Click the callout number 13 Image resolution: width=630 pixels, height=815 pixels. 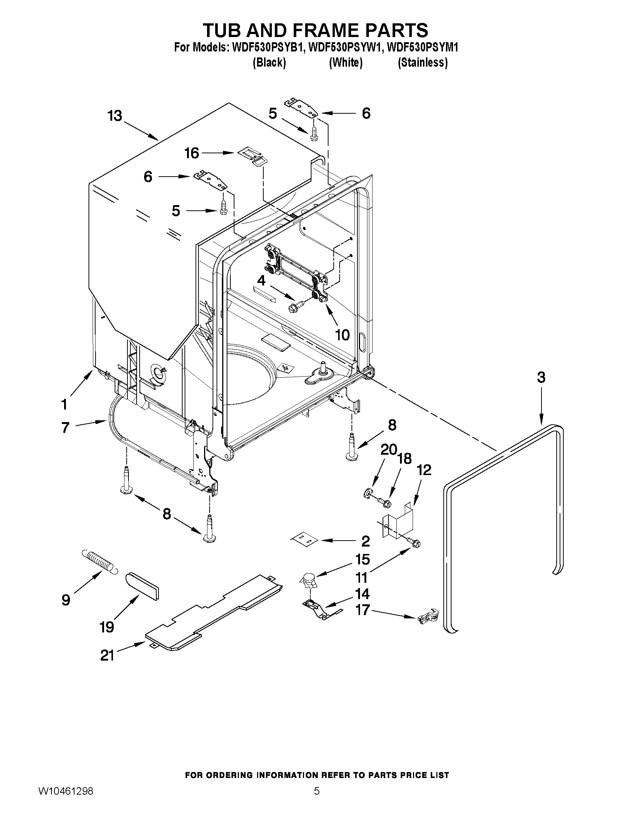click(114, 116)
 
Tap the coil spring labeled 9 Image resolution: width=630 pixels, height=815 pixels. click(99, 562)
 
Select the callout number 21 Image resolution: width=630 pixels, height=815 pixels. click(107, 655)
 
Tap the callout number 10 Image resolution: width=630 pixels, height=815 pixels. click(342, 335)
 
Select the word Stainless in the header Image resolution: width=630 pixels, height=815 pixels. click(423, 63)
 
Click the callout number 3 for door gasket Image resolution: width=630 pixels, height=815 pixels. click(541, 377)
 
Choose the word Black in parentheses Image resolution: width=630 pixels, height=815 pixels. click(269, 63)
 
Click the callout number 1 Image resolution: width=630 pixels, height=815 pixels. click(64, 404)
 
